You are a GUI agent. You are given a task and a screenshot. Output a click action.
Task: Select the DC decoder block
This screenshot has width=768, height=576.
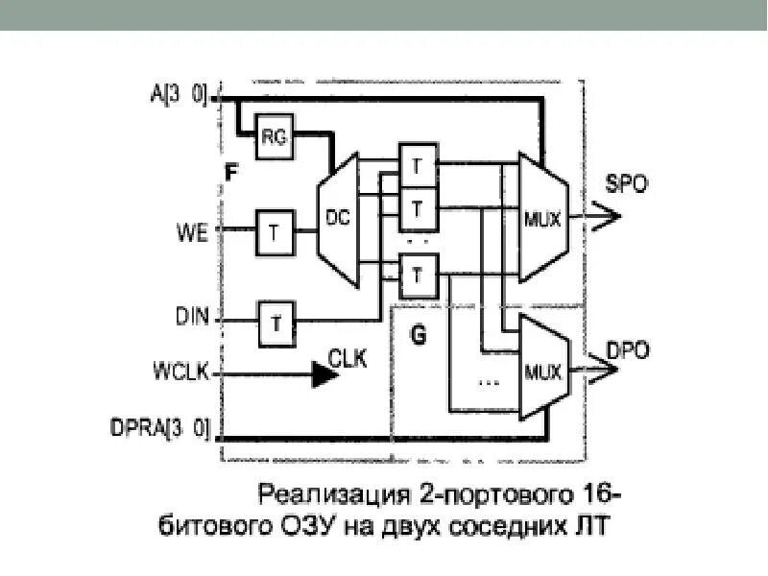337,220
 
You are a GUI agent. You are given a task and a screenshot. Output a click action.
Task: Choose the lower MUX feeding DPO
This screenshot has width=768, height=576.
543,367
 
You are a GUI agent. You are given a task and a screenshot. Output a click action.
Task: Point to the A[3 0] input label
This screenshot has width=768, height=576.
179,94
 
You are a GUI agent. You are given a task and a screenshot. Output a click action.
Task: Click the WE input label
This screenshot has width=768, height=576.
192,232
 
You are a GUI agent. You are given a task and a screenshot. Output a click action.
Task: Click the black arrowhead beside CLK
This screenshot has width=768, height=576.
325,373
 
